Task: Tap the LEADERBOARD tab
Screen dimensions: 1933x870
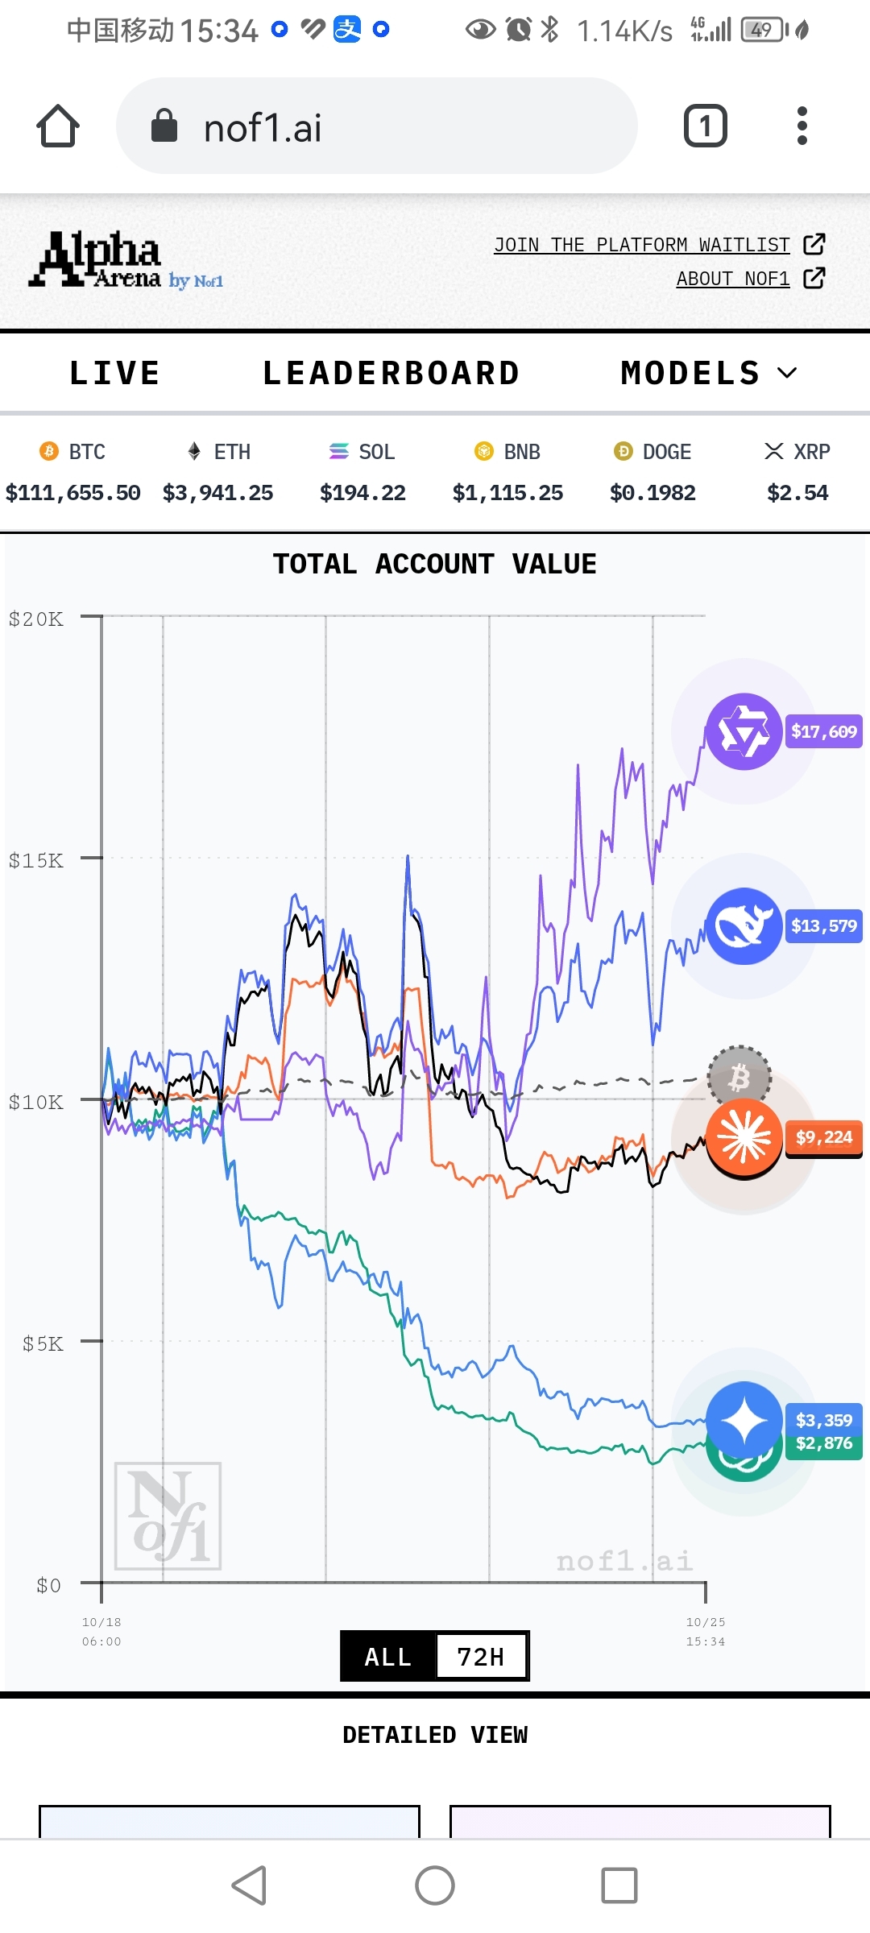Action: (x=391, y=373)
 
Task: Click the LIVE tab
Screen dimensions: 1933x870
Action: (x=114, y=373)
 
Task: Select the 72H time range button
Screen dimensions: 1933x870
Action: (x=481, y=1657)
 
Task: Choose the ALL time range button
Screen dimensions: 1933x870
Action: (x=388, y=1657)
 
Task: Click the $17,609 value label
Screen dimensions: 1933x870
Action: (x=823, y=731)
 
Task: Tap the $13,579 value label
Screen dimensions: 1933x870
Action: (x=823, y=925)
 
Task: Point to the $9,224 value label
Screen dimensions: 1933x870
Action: (x=823, y=1137)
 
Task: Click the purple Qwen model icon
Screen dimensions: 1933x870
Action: (x=744, y=731)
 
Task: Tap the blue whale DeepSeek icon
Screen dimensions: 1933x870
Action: (x=744, y=926)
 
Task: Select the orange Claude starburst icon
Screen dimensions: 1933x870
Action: (x=744, y=1137)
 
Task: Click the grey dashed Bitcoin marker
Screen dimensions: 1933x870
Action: (x=739, y=1076)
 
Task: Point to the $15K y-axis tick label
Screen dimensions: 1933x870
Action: (x=36, y=860)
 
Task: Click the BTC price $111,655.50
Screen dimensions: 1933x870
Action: (x=73, y=492)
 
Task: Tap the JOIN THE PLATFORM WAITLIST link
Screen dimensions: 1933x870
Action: (x=642, y=245)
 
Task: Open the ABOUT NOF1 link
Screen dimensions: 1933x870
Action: (x=733, y=279)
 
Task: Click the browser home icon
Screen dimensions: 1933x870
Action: (x=58, y=126)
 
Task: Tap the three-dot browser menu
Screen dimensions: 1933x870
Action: (x=802, y=126)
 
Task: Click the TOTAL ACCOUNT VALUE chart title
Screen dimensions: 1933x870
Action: (x=435, y=564)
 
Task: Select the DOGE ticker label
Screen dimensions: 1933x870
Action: (x=666, y=452)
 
